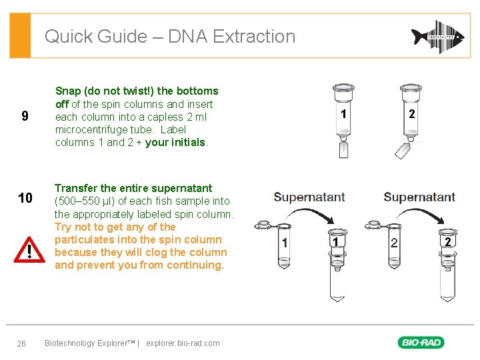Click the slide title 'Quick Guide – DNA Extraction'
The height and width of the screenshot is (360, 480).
(169, 36)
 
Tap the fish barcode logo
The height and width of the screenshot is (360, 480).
(437, 37)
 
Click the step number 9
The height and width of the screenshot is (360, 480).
(25, 117)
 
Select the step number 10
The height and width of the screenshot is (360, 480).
(25, 198)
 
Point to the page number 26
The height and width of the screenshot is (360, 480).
(21, 343)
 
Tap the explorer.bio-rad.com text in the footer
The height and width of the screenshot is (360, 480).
(183, 343)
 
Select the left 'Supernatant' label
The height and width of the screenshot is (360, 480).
(309, 197)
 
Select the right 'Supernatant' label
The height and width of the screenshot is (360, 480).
(419, 197)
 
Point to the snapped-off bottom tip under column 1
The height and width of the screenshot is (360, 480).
(343, 149)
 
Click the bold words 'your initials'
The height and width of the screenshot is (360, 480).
(176, 142)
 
